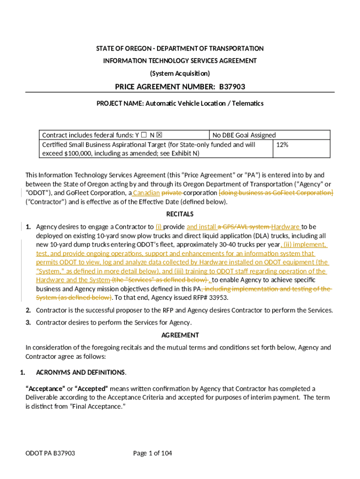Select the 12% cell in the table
pos(282,145)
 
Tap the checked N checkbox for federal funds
pos(159,135)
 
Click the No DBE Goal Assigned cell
pos(244,135)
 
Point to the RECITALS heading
pos(180,214)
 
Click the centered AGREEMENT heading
pos(180,335)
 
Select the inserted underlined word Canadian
pos(146,193)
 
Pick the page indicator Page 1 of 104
pos(153,453)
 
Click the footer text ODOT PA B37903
pos(50,453)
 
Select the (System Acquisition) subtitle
pos(180,73)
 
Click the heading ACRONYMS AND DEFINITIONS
pos(80,372)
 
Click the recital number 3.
pos(28,322)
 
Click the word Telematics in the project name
pos(246,103)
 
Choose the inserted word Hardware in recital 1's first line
pos(286,227)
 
